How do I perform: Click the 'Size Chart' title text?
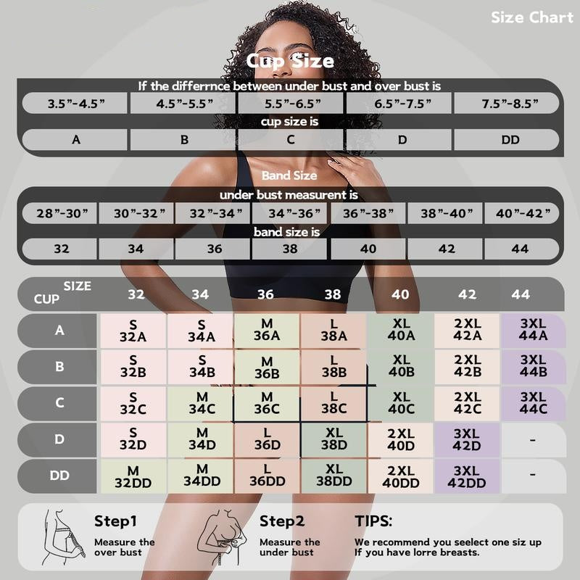pyautogui.click(x=531, y=17)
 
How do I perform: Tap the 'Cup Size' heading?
pyautogui.click(x=290, y=61)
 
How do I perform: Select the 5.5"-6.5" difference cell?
pyautogui.click(x=290, y=103)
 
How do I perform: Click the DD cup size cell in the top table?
pyautogui.click(x=510, y=139)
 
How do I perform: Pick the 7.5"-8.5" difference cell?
pyautogui.click(x=510, y=103)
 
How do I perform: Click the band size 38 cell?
pyautogui.click(x=290, y=249)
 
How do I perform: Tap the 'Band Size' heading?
pyautogui.click(x=290, y=175)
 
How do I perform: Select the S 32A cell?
pyautogui.click(x=133, y=331)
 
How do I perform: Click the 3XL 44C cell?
pyautogui.click(x=533, y=402)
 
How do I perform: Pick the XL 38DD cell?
pyautogui.click(x=334, y=476)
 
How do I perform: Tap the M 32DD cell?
pyautogui.click(x=133, y=476)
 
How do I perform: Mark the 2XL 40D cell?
pyautogui.click(x=401, y=439)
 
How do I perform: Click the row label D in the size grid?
pyautogui.click(x=59, y=439)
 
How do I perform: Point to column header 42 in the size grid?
pyautogui.click(x=468, y=294)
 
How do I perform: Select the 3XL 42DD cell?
pyautogui.click(x=468, y=476)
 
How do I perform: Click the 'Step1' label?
pyautogui.click(x=115, y=521)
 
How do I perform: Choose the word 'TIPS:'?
pyautogui.click(x=373, y=521)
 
